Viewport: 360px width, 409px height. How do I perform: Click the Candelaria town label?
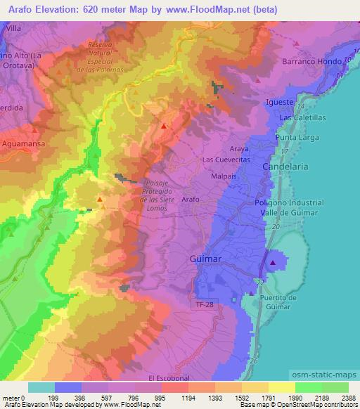285,167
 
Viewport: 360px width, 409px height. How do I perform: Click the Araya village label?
240,149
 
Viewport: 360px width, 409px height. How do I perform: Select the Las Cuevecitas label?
226,160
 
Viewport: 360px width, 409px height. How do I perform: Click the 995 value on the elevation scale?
160,397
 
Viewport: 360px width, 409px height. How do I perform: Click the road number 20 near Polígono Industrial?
275,228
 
